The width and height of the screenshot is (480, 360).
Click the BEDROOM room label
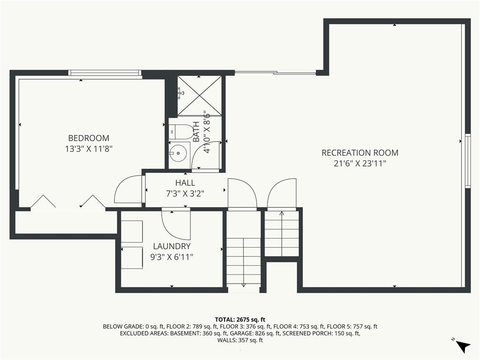tap(89, 138)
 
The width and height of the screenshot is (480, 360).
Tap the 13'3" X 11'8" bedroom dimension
tap(89, 149)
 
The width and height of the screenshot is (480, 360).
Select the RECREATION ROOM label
tap(360, 153)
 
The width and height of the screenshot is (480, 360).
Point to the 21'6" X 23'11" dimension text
tap(360, 164)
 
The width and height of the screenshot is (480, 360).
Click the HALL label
tap(185, 183)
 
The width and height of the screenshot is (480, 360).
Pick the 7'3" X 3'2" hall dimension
tap(185, 194)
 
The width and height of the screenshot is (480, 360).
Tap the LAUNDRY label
tap(172, 246)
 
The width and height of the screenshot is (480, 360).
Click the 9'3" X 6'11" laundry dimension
tap(172, 257)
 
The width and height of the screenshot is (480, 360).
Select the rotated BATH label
tap(196, 132)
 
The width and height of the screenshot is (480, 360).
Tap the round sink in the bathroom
tap(177, 153)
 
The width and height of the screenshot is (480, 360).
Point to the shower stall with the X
tap(200, 96)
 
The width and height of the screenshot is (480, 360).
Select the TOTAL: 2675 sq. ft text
tap(240, 320)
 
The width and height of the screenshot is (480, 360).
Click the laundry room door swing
tap(175, 225)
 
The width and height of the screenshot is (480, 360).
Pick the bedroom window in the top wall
tap(105, 73)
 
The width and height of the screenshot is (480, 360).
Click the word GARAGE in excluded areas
tap(241, 333)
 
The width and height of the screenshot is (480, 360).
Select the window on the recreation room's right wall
tap(467, 161)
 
